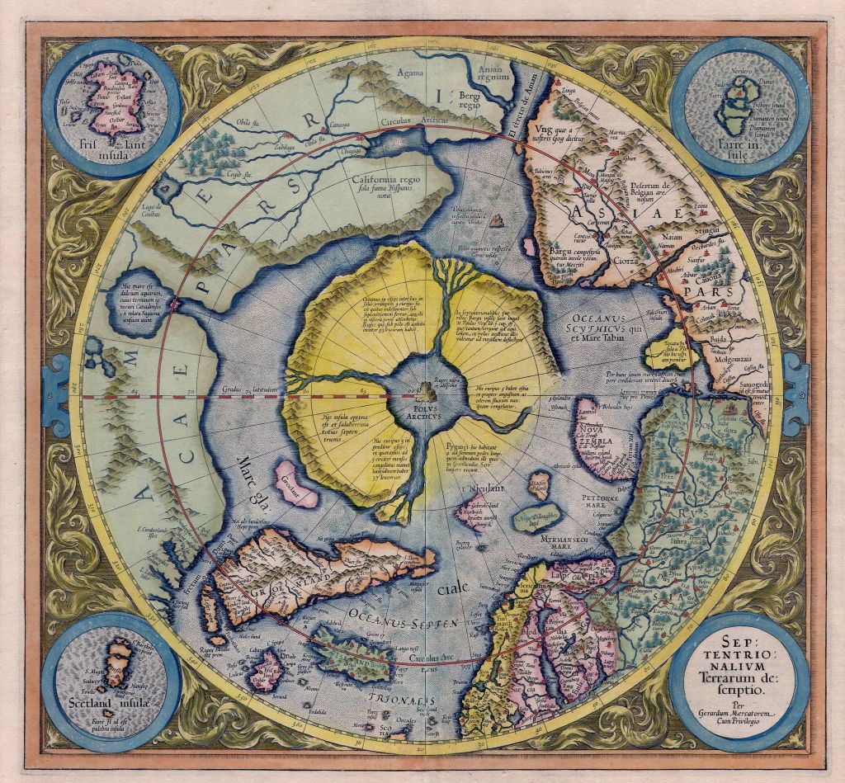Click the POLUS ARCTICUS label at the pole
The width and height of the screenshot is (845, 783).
(x=422, y=406)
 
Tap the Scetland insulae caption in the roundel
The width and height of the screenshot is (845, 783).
(x=110, y=713)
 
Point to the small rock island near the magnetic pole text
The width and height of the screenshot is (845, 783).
(x=497, y=219)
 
